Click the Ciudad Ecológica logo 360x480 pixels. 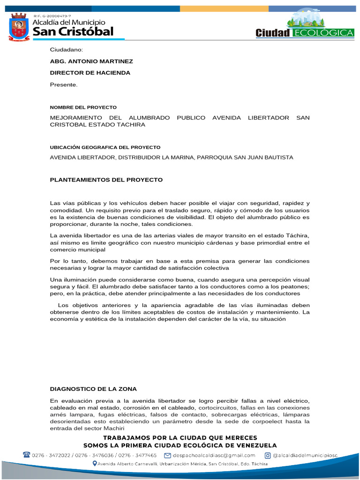click(x=305, y=25)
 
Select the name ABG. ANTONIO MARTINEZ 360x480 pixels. click(x=91, y=61)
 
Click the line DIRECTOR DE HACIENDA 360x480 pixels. click(x=90, y=73)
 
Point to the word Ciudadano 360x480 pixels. click(x=66, y=50)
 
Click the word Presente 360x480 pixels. click(x=63, y=84)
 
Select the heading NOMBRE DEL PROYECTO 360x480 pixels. click(x=83, y=107)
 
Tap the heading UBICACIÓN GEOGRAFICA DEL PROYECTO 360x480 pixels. click(x=105, y=147)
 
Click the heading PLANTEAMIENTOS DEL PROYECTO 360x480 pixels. click(x=106, y=180)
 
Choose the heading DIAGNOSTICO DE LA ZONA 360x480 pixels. click(x=93, y=389)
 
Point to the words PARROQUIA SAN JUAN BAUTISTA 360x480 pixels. click(x=249, y=157)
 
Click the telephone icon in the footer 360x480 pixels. click(x=27, y=455)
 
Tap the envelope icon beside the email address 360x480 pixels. click(x=167, y=455)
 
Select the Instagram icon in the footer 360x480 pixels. click(x=268, y=455)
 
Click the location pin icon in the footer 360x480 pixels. click(x=95, y=464)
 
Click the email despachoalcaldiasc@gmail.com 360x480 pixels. click(x=214, y=455)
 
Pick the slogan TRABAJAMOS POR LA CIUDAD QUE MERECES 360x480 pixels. click(x=180, y=437)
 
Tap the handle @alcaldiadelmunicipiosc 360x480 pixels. click(x=305, y=455)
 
